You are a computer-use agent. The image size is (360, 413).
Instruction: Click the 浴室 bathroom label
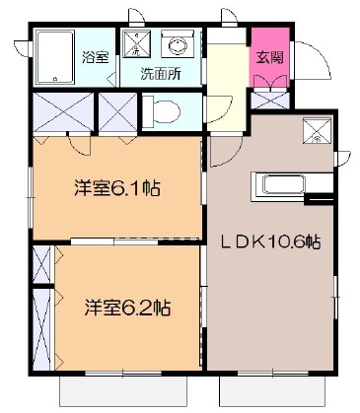pos(96,56)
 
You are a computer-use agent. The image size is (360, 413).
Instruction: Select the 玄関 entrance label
pos(268,57)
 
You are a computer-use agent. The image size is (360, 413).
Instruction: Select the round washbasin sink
pos(180,44)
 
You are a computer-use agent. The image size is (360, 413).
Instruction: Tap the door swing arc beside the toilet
pos(220,113)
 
